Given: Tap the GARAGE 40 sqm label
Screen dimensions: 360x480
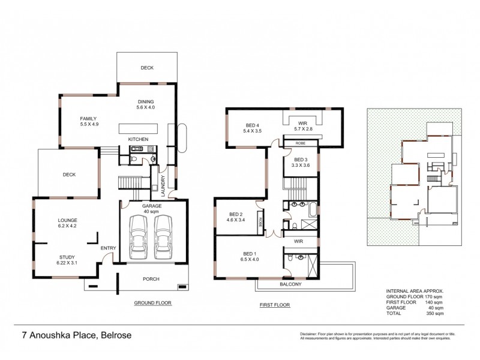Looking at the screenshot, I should (x=152, y=208).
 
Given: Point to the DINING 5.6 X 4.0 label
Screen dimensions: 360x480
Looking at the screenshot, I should (x=146, y=104).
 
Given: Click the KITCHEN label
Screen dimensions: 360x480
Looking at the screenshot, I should (x=139, y=140).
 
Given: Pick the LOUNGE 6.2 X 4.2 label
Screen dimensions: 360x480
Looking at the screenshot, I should (x=67, y=223).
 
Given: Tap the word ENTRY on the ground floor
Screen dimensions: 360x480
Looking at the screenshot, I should (x=109, y=248).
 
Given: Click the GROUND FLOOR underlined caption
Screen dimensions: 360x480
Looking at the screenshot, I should (x=152, y=304).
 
